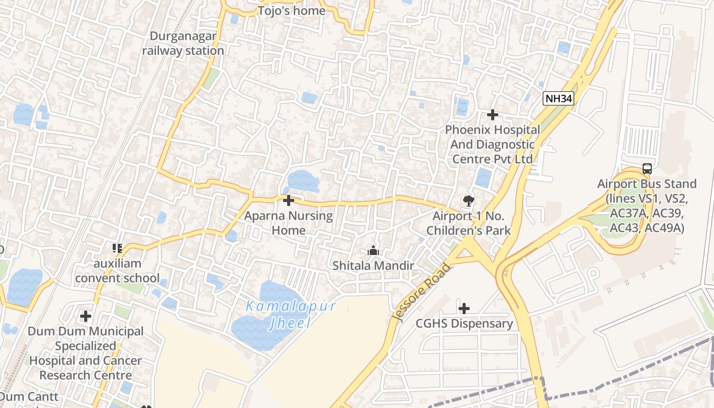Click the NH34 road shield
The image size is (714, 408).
pos(558,99)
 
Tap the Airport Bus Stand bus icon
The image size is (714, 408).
pos(647,168)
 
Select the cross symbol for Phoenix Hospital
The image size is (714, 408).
pos(492,115)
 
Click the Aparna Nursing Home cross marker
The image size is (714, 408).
pos(289,200)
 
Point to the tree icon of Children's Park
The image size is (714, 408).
pos(468,201)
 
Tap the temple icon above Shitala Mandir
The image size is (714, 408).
pos(373,250)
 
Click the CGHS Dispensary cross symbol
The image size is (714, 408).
pos(464,308)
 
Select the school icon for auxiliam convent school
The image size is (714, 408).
pos(117,248)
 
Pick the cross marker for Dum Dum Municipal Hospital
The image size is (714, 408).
pos(86,316)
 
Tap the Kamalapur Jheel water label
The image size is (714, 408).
pos(291,314)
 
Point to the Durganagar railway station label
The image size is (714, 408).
pos(183,43)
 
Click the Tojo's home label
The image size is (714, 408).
pos(291,11)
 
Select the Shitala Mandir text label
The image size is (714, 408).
pos(373,265)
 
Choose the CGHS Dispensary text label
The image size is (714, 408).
pos(464,323)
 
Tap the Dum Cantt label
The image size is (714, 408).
pos(30,396)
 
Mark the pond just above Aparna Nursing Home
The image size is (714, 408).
pos(303,181)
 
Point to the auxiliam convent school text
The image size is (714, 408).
pos(117,271)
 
